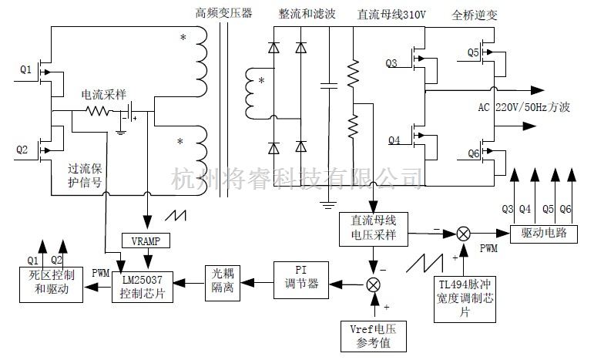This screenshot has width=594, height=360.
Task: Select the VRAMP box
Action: click(145, 241)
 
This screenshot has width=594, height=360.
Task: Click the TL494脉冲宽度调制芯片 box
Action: click(465, 296)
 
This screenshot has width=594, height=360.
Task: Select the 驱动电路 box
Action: click(544, 232)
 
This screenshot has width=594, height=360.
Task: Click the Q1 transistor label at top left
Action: click(25, 70)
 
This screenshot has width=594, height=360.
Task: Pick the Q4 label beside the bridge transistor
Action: click(394, 140)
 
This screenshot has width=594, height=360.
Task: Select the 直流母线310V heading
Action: click(391, 14)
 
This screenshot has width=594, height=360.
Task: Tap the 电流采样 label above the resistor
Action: click(105, 93)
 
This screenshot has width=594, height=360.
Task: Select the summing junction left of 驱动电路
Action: click(464, 232)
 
